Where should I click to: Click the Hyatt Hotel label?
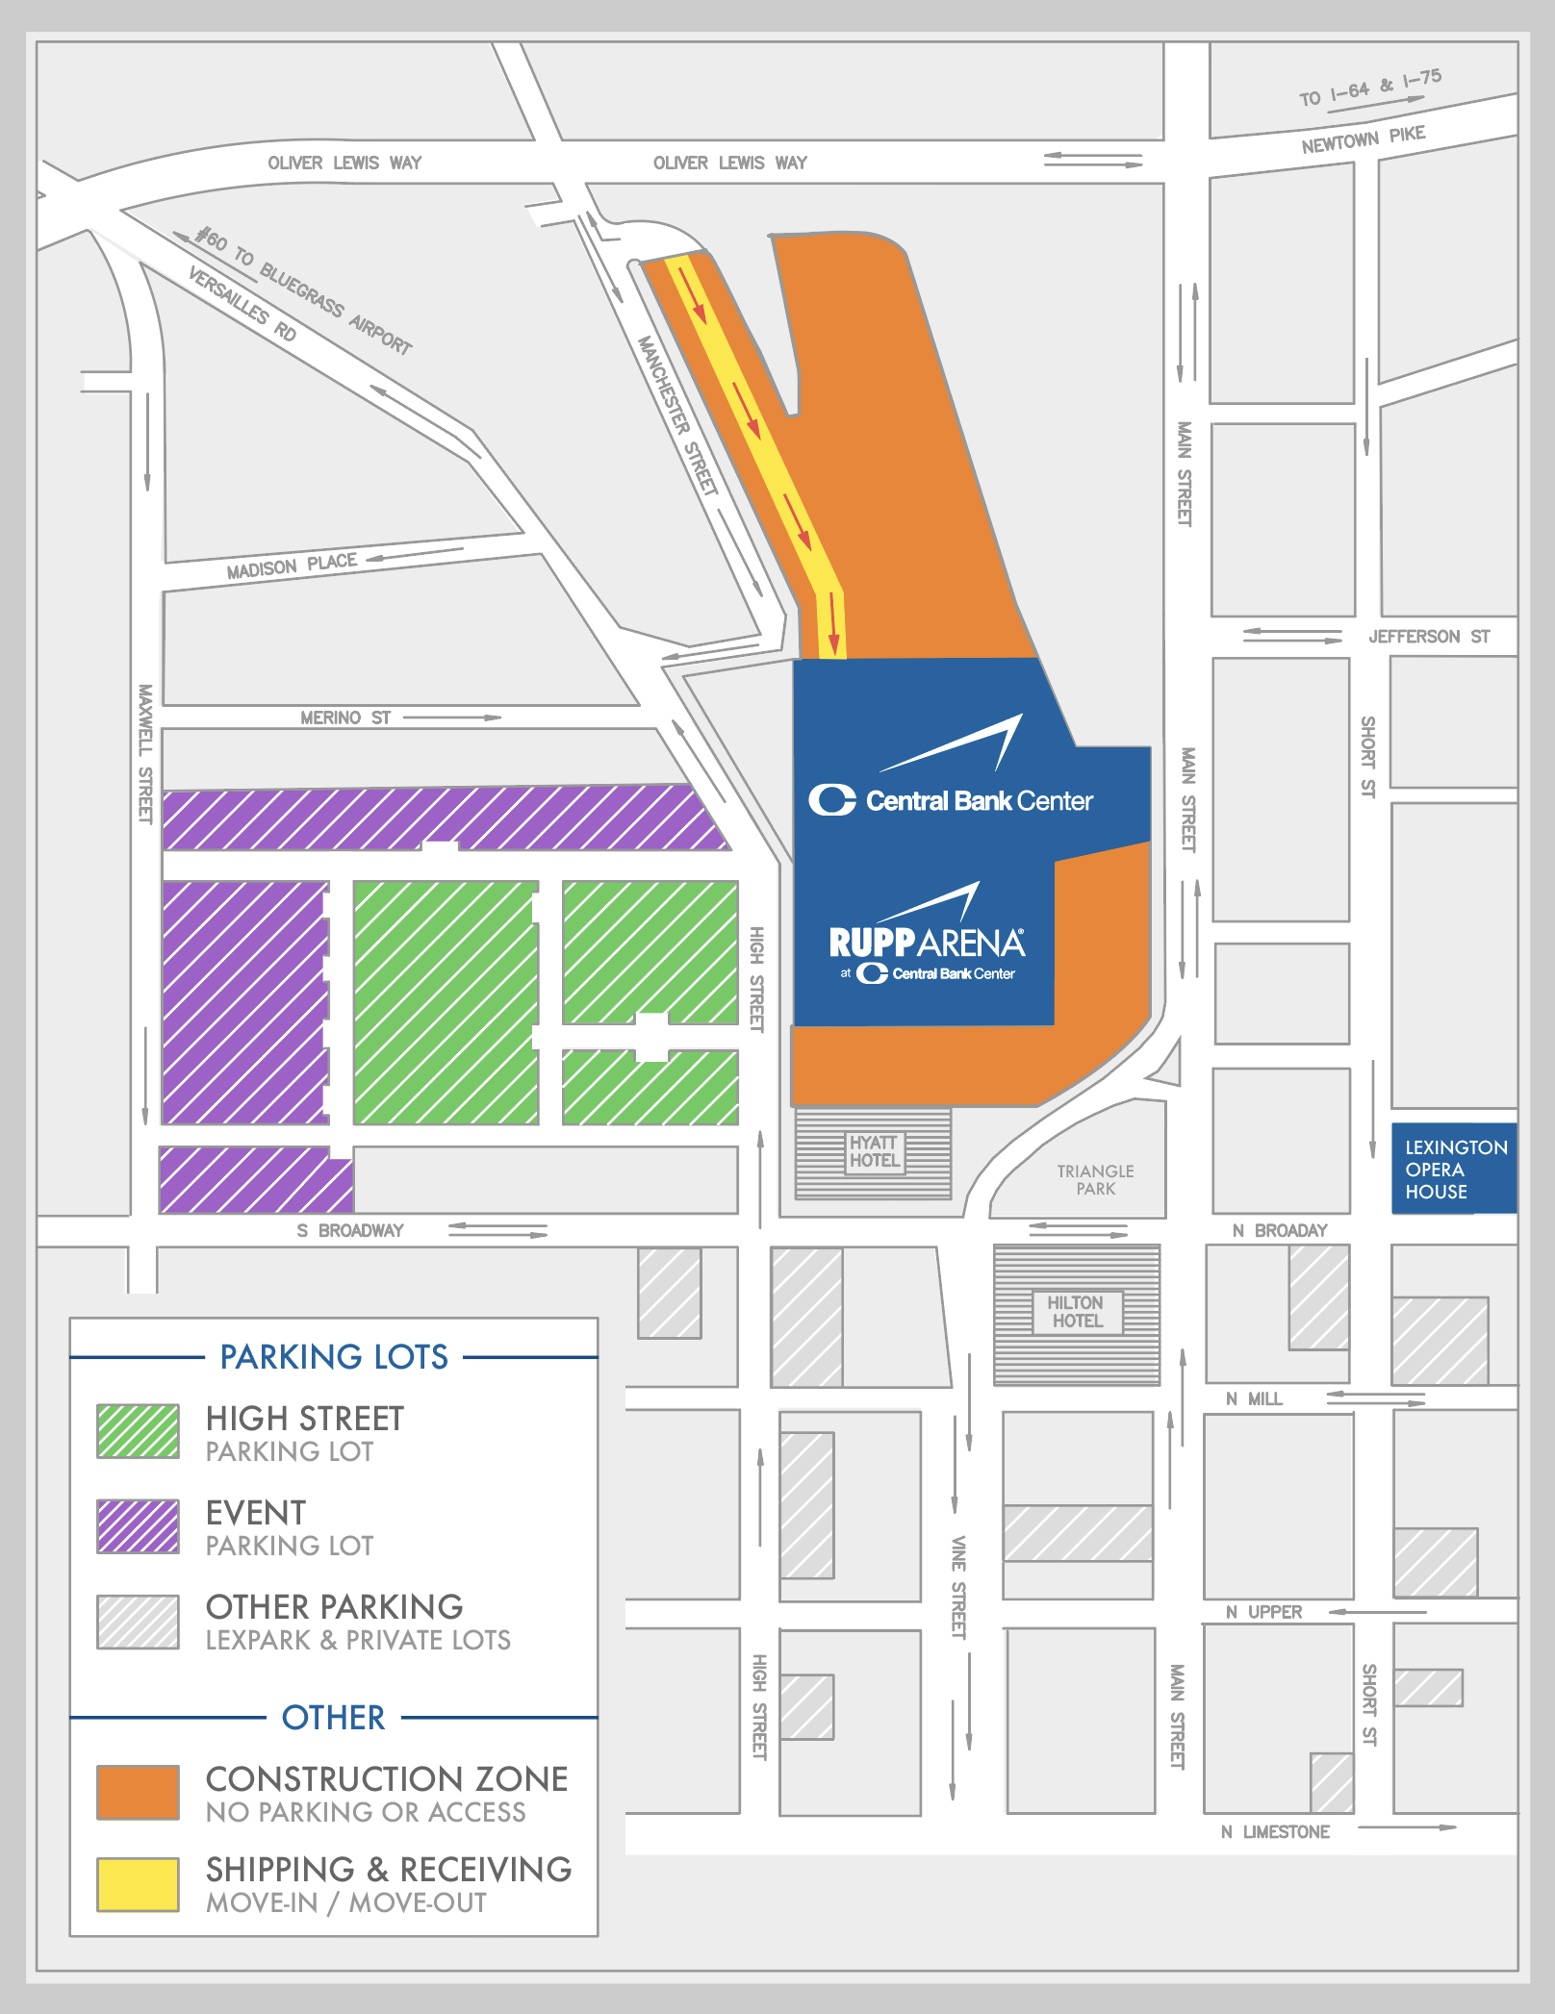point(874,1151)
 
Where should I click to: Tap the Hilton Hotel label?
point(1076,1312)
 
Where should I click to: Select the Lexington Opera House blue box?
point(1454,1169)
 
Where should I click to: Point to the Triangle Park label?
point(1095,1179)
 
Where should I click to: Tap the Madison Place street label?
point(292,566)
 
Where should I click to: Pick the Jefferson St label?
point(1428,637)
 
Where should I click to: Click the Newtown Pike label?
point(1363,139)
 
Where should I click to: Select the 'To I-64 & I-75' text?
point(1370,88)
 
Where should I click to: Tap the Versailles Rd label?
point(242,304)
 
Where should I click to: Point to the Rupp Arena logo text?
point(926,943)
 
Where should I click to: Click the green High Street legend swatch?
point(138,1431)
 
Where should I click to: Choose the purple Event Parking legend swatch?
point(138,1525)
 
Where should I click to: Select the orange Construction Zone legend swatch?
point(138,1792)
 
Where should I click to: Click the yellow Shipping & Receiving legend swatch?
point(138,1884)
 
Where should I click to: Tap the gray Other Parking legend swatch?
point(138,1622)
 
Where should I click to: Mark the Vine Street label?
point(958,1587)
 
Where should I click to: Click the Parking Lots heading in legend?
point(334,1357)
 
